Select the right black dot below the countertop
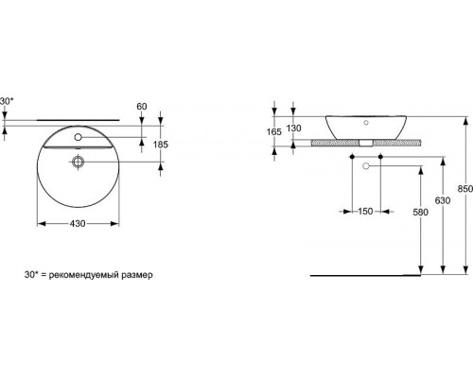379,153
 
